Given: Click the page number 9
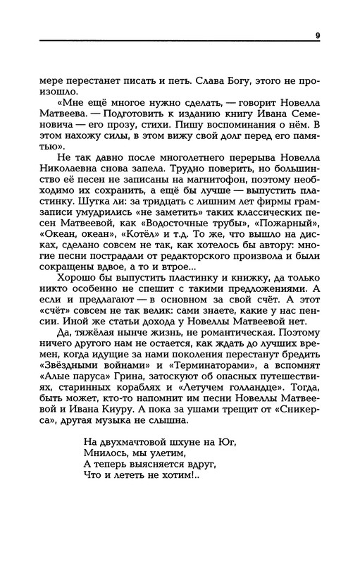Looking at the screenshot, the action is point(318,36).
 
